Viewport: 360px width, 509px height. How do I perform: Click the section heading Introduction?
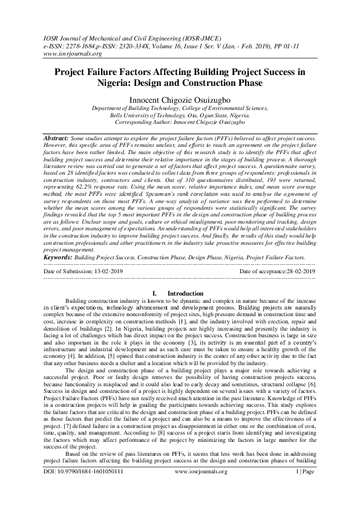[185, 293]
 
